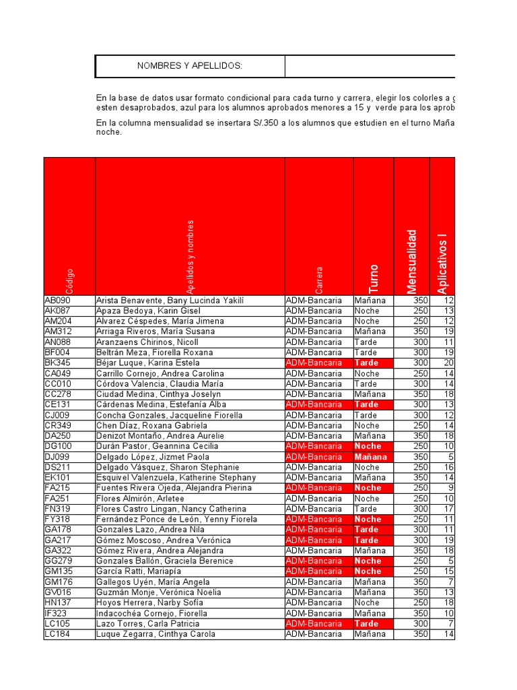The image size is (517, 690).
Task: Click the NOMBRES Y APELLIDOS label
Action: tap(190, 66)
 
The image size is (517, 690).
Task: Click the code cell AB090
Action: tap(57, 301)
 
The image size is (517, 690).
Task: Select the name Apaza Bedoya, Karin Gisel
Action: tap(148, 311)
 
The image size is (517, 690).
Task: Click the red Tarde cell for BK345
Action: tap(373, 363)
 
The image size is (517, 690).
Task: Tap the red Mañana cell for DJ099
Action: tap(373, 457)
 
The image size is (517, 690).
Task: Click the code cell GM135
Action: tap(58, 571)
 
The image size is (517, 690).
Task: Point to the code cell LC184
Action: tap(57, 634)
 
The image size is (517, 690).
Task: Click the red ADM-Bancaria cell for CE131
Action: tap(319, 405)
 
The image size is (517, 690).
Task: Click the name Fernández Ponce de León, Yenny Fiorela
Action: tap(176, 520)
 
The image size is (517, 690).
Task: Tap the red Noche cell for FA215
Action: tap(373, 488)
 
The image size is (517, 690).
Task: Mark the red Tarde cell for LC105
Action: tap(373, 624)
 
